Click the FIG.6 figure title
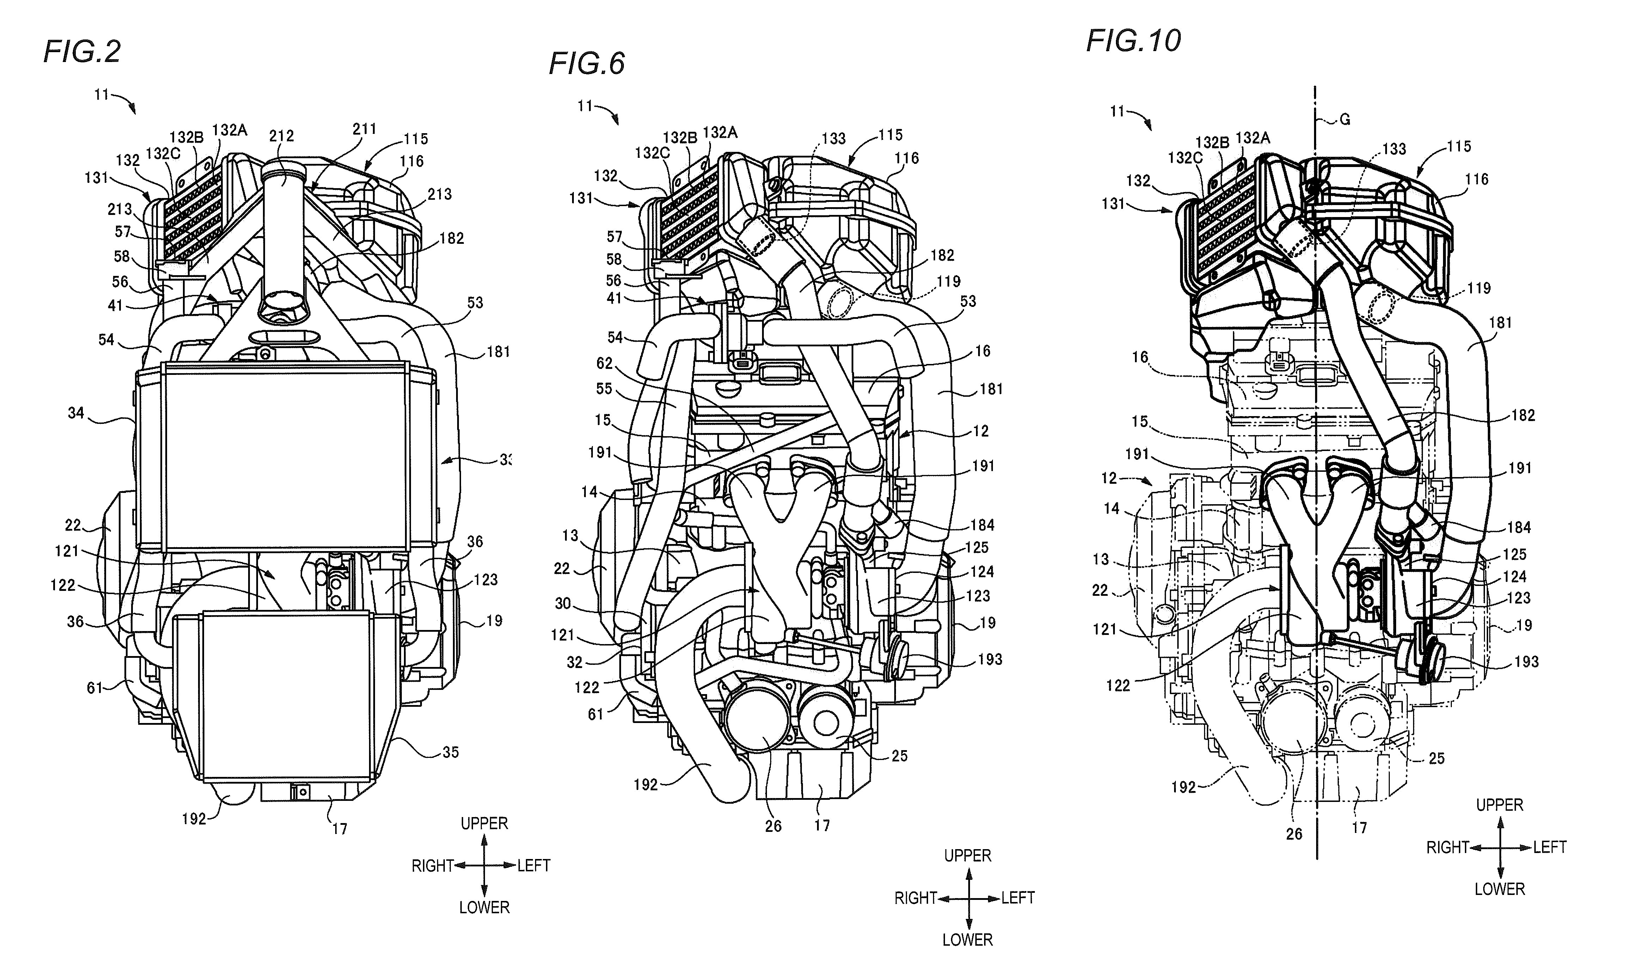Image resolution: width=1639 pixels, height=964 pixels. point(587,64)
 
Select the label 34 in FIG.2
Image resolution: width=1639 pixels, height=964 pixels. point(76,413)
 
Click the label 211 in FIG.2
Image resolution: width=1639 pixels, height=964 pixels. point(365,129)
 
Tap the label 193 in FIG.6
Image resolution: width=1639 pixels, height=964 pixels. point(990,659)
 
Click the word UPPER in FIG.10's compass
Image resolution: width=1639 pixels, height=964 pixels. point(1499,805)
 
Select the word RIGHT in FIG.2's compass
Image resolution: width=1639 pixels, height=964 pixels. point(432,866)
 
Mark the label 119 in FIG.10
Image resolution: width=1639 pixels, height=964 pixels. point(1479,288)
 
